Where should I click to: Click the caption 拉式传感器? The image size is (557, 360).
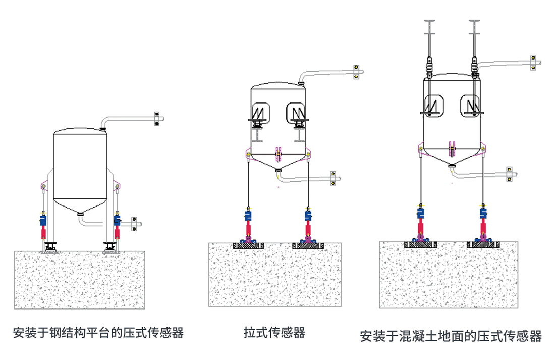[x=274, y=333]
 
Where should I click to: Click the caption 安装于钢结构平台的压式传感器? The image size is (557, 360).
[x=98, y=333]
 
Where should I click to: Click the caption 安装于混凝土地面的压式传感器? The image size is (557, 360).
[x=451, y=336]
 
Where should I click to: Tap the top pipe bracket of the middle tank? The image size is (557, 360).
[x=356, y=72]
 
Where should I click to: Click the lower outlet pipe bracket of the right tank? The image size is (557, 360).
[x=510, y=174]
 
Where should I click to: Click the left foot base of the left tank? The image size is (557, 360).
[x=50, y=247]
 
